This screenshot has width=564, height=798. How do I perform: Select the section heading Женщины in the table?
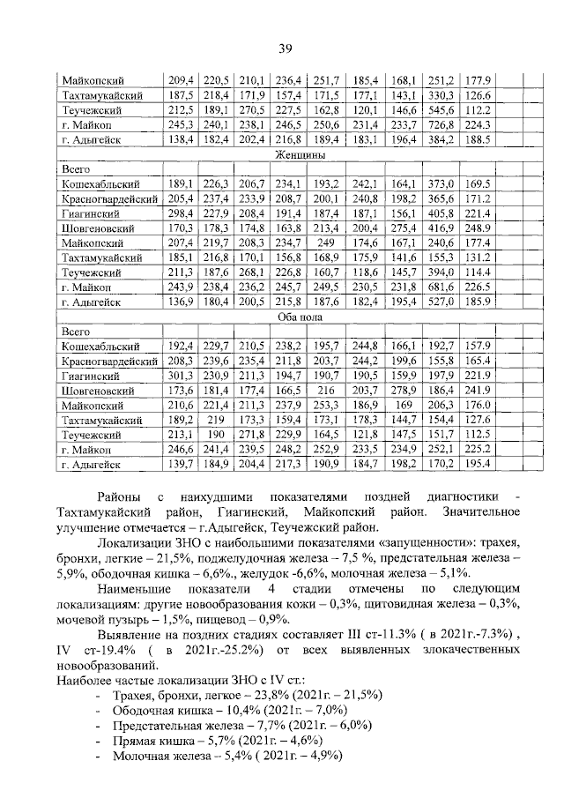pos(300,154)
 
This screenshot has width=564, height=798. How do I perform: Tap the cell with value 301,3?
pos(180,375)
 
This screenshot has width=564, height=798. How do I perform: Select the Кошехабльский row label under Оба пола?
pos(101,346)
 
